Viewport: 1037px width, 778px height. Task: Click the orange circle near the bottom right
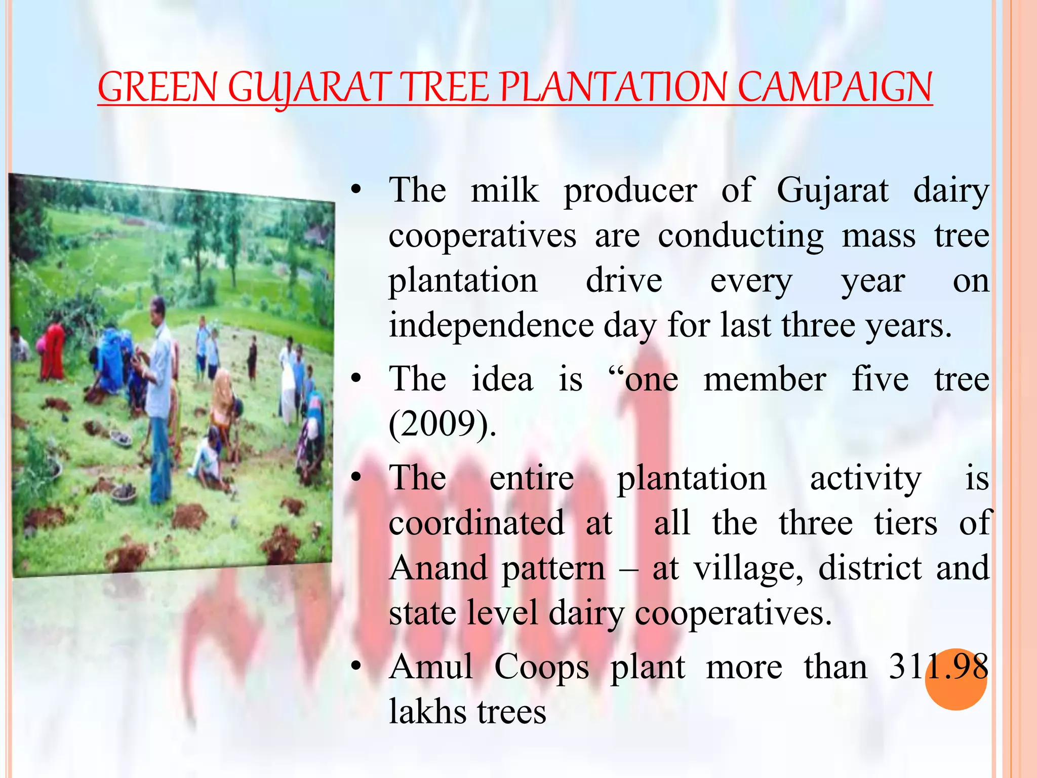pos(955,679)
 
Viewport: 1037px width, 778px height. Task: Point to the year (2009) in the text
pos(442,423)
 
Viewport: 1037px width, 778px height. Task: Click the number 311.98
pos(938,667)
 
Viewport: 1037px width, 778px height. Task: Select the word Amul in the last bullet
pos(431,667)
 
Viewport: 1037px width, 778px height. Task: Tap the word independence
pos(491,325)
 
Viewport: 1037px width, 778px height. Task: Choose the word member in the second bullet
pos(765,379)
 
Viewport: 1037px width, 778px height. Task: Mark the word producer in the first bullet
pos(630,191)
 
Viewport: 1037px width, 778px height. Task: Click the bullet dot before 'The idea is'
pos(356,379)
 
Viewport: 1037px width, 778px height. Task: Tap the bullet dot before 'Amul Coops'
pos(356,666)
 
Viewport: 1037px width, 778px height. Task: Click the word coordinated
pos(476,523)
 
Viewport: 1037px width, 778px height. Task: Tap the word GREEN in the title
pos(157,87)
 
